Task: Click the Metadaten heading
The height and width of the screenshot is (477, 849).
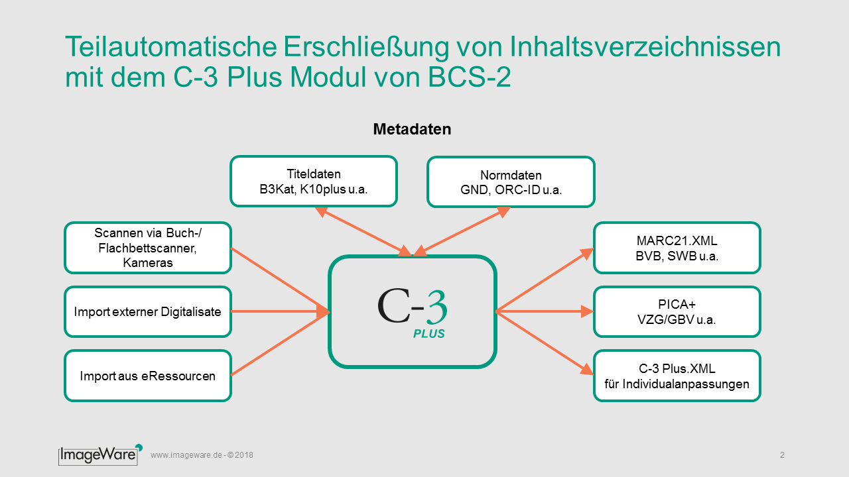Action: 412,129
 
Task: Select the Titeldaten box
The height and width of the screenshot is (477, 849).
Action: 314,182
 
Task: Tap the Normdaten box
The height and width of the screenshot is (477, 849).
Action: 511,182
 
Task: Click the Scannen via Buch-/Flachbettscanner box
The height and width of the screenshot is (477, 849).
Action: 148,248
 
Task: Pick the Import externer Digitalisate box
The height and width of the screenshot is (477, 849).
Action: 148,311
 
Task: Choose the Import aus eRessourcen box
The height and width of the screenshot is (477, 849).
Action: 148,376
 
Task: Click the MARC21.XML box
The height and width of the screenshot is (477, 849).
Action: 677,248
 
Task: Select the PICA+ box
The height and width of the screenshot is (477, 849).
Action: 677,311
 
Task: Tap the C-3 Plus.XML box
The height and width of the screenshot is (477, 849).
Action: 677,376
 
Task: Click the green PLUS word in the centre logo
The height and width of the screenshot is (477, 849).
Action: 428,333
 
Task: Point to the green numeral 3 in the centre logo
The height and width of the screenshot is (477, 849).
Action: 436,307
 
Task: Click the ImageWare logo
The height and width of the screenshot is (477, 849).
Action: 100,454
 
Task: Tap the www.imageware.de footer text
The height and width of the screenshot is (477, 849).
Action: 202,455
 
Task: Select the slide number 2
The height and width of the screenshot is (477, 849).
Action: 782,455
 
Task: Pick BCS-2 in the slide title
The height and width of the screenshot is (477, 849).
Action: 469,78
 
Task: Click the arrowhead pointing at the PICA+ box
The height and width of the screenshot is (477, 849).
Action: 587,311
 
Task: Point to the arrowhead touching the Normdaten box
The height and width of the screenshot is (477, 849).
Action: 503,212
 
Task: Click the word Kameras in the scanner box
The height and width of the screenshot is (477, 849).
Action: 148,263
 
